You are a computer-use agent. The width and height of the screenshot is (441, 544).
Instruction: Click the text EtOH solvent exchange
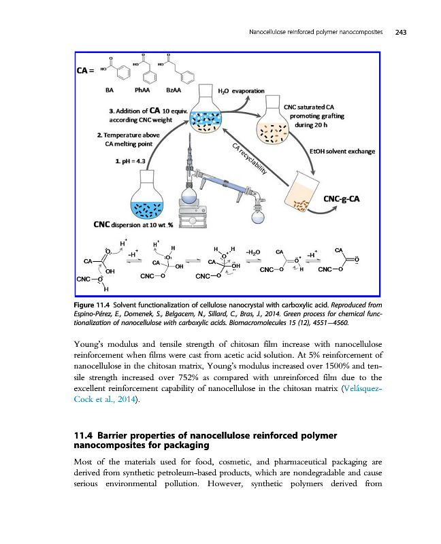click(x=342, y=151)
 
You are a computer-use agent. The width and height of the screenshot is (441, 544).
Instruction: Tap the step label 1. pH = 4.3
click(x=120, y=160)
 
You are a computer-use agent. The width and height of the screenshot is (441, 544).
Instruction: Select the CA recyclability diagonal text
click(x=247, y=160)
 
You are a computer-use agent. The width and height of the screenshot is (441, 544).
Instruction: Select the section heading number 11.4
click(x=84, y=435)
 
